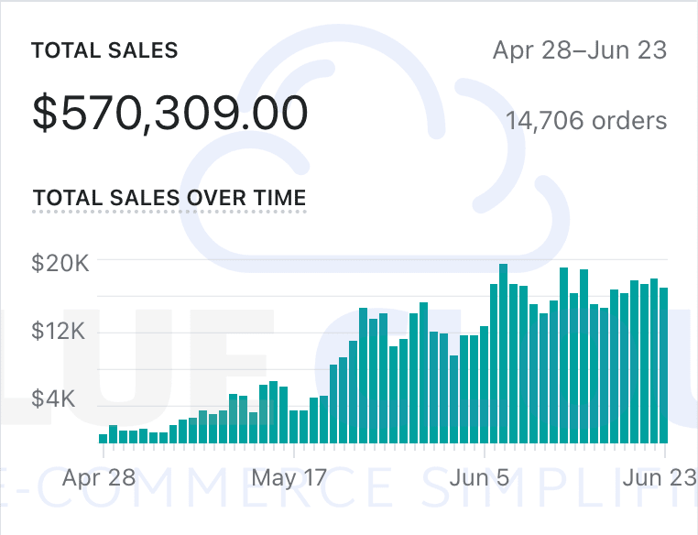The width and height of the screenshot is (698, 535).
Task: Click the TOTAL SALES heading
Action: click(x=104, y=50)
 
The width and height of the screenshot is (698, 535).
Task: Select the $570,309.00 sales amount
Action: click(x=169, y=114)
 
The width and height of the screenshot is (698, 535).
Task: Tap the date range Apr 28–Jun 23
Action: click(x=580, y=49)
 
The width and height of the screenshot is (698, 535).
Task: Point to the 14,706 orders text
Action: click(x=586, y=121)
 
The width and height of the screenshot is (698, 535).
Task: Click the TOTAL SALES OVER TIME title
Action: click(x=169, y=198)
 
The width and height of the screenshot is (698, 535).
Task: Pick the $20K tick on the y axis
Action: click(x=60, y=263)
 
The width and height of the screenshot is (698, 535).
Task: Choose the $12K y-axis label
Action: click(x=60, y=331)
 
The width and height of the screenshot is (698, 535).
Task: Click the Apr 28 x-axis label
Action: click(x=99, y=477)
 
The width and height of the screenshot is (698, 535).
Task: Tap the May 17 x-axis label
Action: click(x=289, y=477)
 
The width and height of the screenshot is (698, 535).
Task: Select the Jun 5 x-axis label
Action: click(x=480, y=477)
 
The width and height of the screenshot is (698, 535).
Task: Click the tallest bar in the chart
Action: click(x=503, y=354)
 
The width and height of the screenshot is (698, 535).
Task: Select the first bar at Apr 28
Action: click(x=103, y=438)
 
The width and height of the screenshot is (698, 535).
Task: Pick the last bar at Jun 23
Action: click(x=663, y=366)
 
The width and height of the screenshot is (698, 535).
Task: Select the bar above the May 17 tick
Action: click(x=293, y=426)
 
